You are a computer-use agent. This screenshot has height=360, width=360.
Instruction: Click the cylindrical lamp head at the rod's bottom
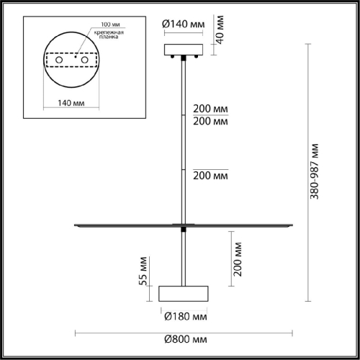[183, 293]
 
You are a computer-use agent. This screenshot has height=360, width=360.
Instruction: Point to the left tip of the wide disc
[75, 226]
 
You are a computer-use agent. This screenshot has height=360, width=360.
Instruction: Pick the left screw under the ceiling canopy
[177, 59]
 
